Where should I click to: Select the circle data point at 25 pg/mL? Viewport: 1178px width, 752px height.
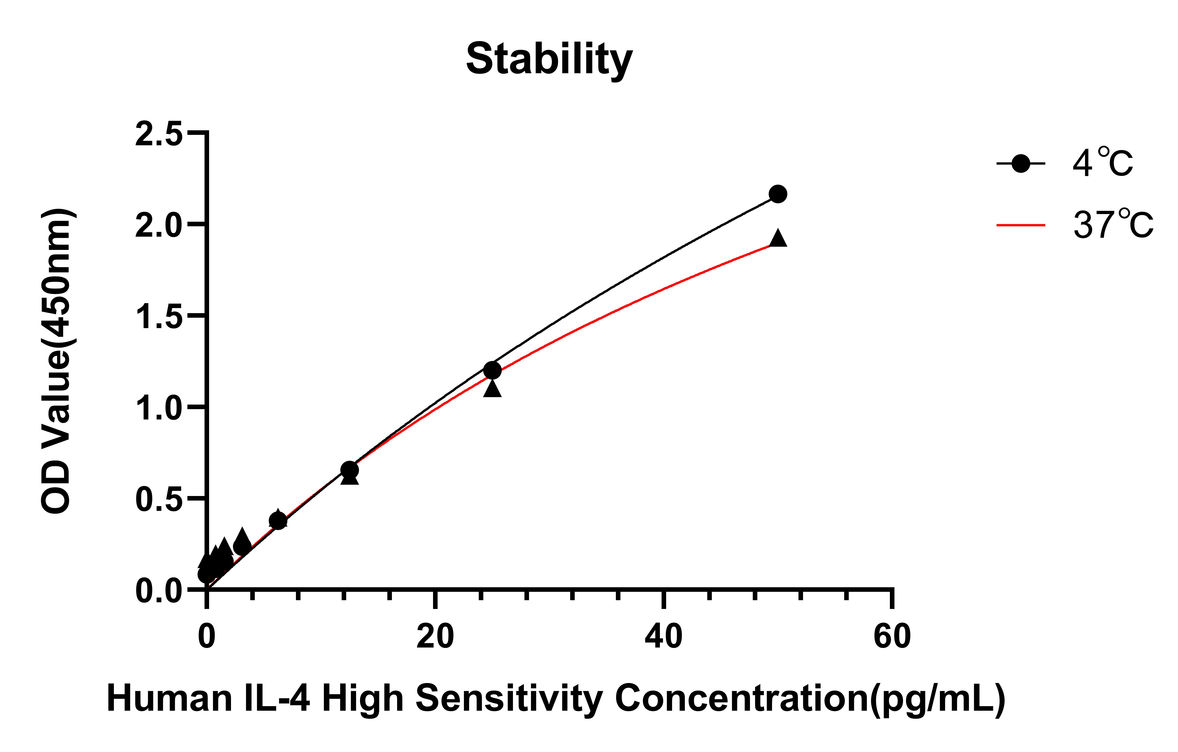click(x=492, y=370)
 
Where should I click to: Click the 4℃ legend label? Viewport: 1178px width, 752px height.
click(x=1103, y=163)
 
